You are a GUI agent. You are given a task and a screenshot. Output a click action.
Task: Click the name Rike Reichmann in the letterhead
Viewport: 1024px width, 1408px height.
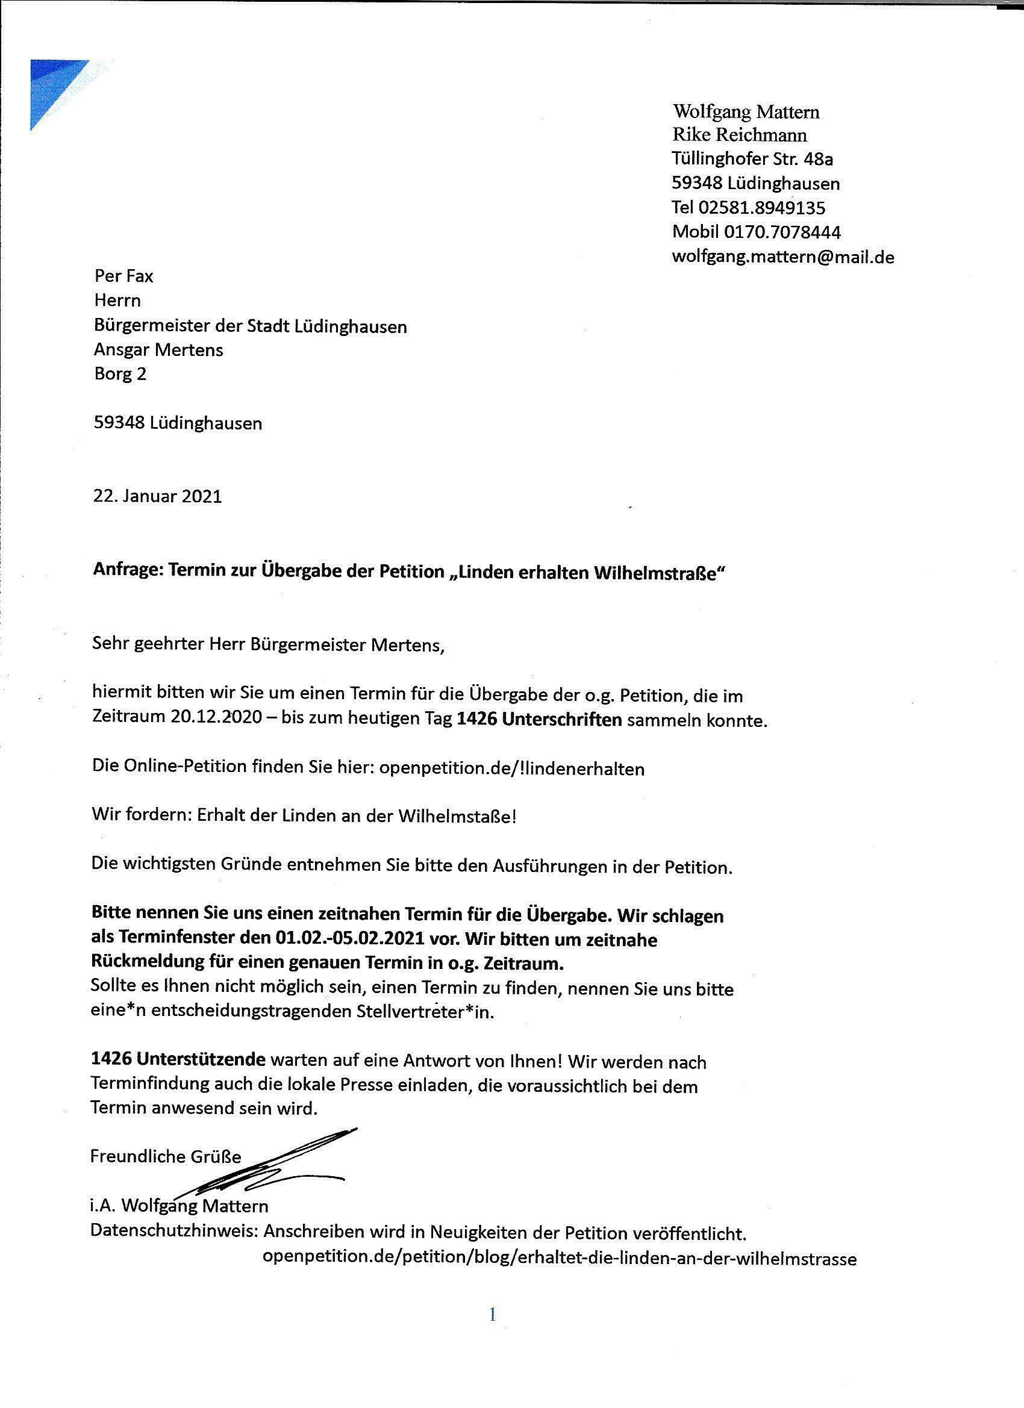[x=739, y=135]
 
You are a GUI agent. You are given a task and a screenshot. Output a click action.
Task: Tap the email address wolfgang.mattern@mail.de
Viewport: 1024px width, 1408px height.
[x=782, y=257]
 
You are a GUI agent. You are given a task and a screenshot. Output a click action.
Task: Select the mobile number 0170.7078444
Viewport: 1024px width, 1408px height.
[x=782, y=232]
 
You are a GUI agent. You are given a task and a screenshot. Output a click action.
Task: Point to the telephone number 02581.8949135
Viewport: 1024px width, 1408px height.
[x=761, y=207]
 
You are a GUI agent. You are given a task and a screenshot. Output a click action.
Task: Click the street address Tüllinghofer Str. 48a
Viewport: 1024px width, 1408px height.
[x=752, y=159]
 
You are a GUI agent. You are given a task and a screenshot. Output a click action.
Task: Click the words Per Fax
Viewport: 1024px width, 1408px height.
[x=123, y=276]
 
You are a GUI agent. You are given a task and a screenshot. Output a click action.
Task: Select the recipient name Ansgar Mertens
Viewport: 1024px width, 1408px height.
[x=158, y=350]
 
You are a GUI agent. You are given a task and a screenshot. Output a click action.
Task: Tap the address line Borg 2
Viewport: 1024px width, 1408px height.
[x=120, y=374]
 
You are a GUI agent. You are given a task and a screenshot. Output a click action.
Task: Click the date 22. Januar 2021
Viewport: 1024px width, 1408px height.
[x=158, y=497]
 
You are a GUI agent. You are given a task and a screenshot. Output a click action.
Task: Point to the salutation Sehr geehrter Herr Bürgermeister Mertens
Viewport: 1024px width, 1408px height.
[x=268, y=645]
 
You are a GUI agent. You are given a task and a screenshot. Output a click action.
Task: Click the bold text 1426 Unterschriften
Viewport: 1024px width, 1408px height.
[x=539, y=720]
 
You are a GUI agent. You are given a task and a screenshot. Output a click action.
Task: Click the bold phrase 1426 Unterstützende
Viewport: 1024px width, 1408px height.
[x=178, y=1062]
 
